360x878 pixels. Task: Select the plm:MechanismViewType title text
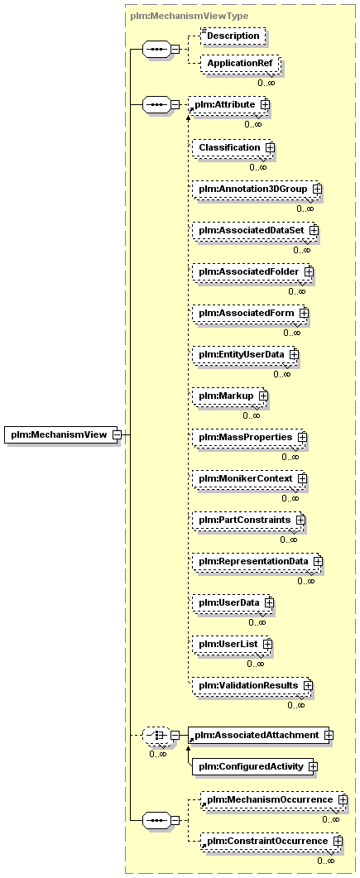(x=190, y=17)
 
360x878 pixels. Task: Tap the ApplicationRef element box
(x=240, y=64)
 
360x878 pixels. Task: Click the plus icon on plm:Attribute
(x=265, y=105)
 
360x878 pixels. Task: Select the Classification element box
(x=234, y=148)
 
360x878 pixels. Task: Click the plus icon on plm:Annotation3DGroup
(x=317, y=190)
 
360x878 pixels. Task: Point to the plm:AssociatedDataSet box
(x=255, y=230)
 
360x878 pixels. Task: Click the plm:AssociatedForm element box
(x=251, y=313)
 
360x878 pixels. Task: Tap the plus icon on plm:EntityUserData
(x=294, y=354)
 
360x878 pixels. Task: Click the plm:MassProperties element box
(x=250, y=437)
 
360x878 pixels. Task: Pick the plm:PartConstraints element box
(x=249, y=520)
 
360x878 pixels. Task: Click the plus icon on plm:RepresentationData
(x=318, y=560)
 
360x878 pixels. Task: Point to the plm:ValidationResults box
(x=252, y=685)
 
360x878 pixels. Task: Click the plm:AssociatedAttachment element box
(x=261, y=735)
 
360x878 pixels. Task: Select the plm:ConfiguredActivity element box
(x=255, y=766)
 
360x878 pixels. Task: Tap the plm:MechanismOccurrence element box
(x=273, y=799)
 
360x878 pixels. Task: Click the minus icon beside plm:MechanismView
(x=117, y=434)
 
